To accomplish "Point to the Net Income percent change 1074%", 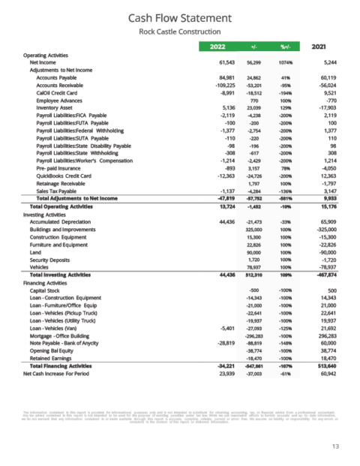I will (287, 64).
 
